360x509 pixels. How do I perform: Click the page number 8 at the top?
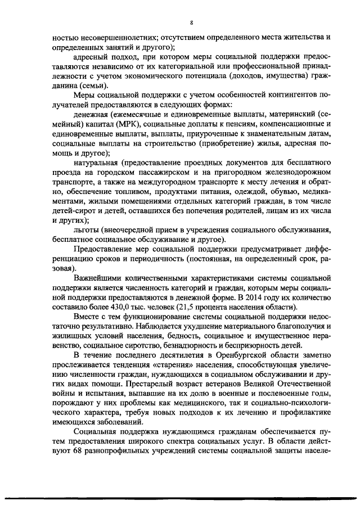pos(191,22)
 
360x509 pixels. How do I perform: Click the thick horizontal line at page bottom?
pos(180,498)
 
